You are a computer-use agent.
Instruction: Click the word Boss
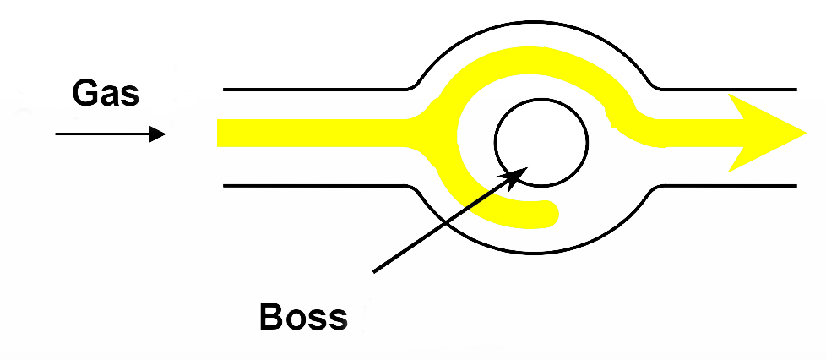303,317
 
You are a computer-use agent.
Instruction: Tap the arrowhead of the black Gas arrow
159,134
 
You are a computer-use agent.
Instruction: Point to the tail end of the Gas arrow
57,134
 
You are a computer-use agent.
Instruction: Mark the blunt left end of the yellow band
220,133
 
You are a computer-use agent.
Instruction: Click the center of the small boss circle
541,141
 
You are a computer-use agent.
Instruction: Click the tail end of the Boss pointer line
374,271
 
